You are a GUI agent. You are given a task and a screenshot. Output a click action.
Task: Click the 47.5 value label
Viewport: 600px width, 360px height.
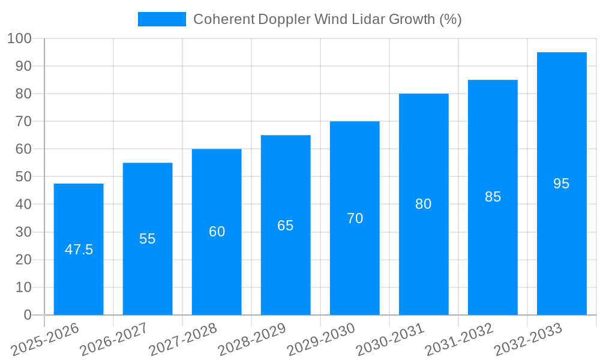pos(79,250)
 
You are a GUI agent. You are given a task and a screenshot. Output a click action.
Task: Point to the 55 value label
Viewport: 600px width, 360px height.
pos(148,239)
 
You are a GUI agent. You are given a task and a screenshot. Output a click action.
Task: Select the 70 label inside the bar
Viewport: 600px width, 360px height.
pos(355,218)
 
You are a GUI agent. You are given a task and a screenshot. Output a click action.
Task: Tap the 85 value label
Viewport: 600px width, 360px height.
pos(493,197)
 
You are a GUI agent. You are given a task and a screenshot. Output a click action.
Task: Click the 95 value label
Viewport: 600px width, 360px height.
pos(562,184)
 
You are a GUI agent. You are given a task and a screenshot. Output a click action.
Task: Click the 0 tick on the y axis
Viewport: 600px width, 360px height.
pos(27,315)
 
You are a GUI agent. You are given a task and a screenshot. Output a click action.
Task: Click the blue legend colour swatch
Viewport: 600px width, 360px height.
pos(162,19)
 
